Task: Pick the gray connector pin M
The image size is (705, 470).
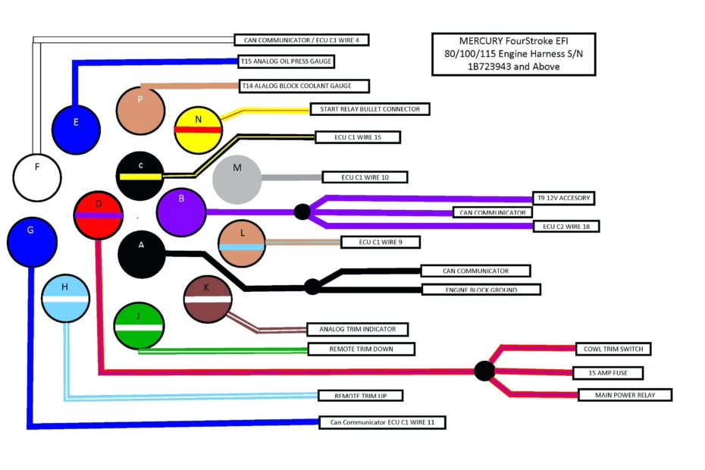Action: pos(237,178)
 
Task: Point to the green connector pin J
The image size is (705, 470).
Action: pos(139,326)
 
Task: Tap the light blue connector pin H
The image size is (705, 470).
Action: pos(65,299)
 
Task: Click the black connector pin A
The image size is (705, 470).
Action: pos(142,255)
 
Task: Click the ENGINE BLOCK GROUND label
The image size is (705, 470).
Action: pos(481,290)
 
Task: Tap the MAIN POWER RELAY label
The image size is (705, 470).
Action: pos(625,395)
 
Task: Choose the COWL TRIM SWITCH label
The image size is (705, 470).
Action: pos(613,349)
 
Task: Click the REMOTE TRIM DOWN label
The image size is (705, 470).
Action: pos(362,349)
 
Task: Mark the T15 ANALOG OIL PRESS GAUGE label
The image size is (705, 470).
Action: pos(285,61)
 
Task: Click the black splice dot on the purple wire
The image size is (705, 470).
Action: pos(302,211)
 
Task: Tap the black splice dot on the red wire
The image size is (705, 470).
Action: pos(484,371)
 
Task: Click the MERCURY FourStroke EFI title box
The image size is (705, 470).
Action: pos(513,54)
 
